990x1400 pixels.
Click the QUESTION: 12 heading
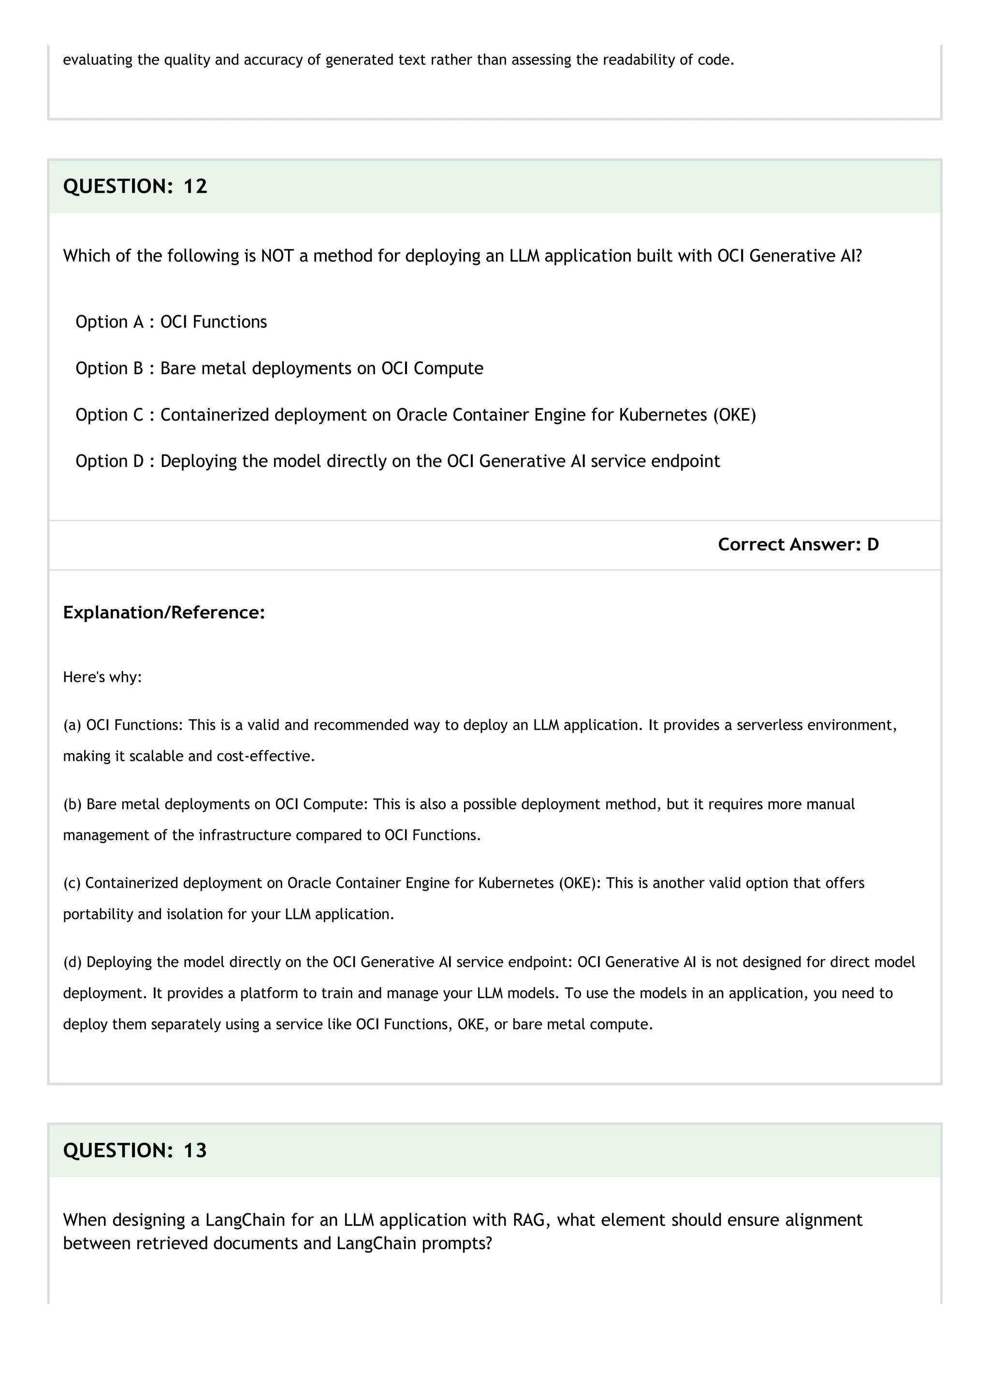coord(135,186)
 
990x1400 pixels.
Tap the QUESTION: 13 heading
coord(135,1150)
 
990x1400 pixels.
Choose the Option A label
coord(109,322)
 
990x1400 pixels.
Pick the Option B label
coord(109,368)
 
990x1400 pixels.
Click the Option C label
coord(110,415)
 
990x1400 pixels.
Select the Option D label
coord(110,461)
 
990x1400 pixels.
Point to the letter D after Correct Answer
coord(873,544)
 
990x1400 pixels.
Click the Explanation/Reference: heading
coord(164,612)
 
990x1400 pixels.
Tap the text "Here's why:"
coord(102,677)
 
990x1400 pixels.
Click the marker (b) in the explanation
coord(72,804)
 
